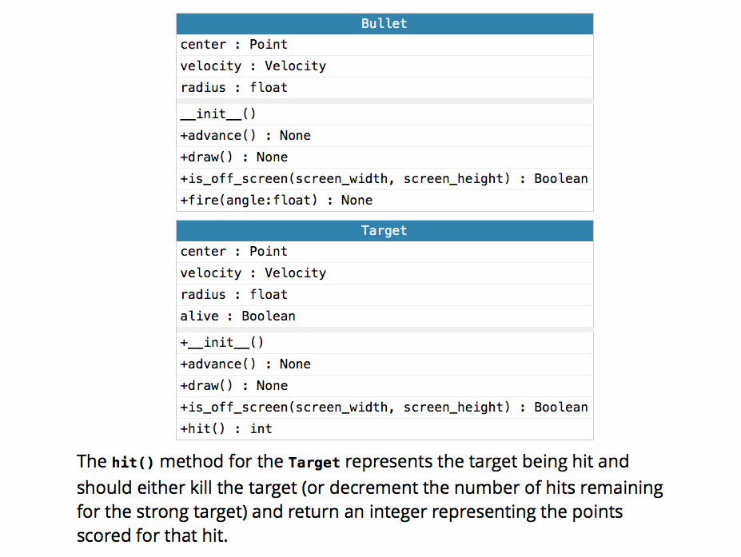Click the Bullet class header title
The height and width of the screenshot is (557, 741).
tap(384, 23)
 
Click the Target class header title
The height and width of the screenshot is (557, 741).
tap(384, 230)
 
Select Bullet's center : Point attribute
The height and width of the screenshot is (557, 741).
tap(233, 45)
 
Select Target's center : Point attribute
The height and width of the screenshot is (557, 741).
tap(233, 252)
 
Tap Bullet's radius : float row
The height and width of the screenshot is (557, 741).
tap(233, 88)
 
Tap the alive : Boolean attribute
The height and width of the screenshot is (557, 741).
tap(237, 316)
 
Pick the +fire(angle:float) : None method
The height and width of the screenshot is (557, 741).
tap(276, 201)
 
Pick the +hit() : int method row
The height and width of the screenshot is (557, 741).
tap(225, 429)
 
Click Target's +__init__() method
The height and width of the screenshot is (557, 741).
tap(221, 343)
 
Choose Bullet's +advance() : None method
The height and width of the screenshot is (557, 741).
tap(245, 136)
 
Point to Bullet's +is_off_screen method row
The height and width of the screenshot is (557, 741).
tap(384, 179)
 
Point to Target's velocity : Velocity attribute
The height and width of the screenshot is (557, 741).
tap(253, 273)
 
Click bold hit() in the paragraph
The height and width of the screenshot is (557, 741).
tap(133, 463)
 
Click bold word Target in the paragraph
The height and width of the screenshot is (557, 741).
tap(314, 463)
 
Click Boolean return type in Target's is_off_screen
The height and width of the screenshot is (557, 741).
tap(560, 408)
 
